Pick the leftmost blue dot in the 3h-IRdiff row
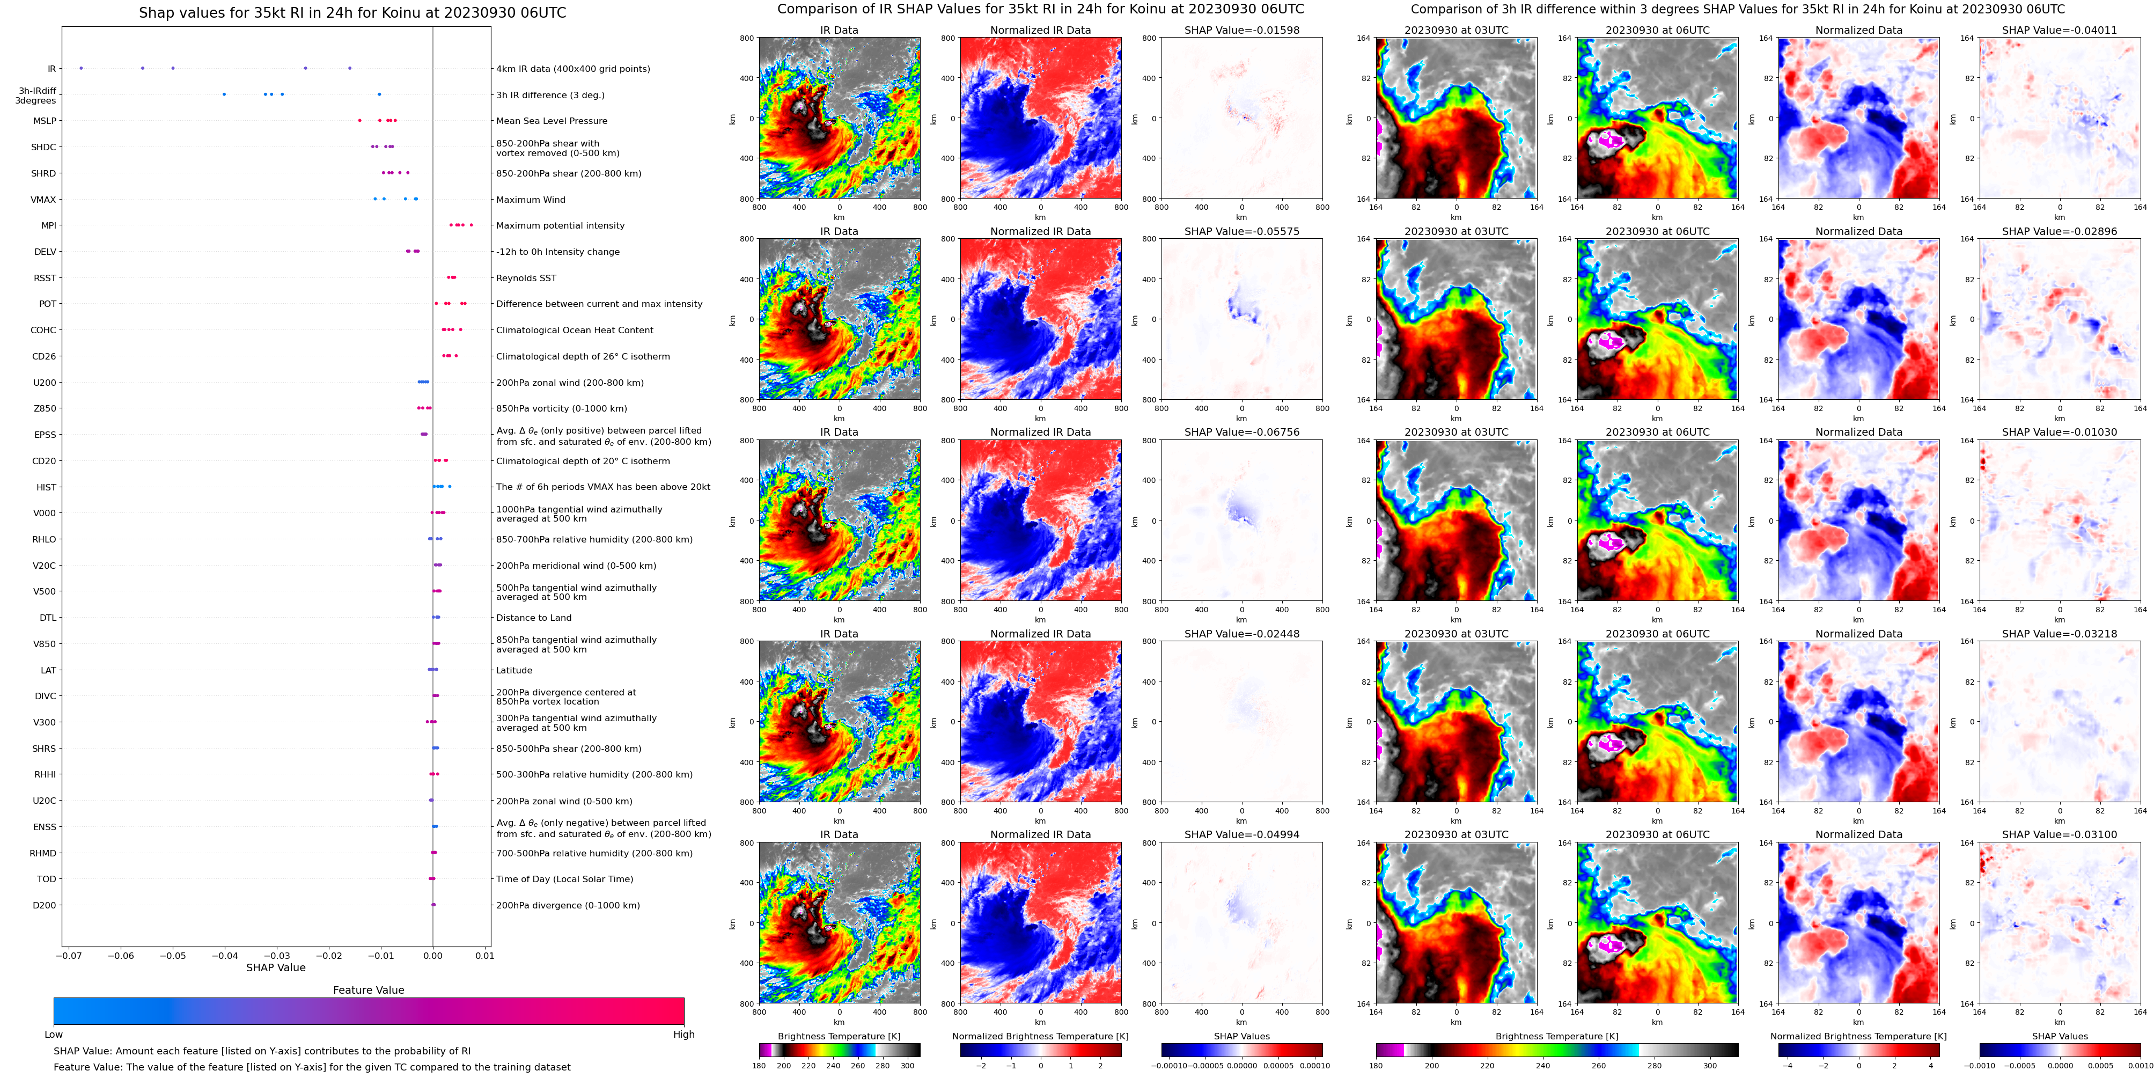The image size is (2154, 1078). (224, 94)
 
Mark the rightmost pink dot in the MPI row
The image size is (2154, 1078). (472, 225)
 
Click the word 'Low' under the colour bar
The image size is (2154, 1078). (54, 1035)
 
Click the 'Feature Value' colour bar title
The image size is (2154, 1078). (368, 990)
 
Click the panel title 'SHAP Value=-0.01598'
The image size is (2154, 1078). (1242, 30)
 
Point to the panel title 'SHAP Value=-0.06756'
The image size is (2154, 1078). (1242, 432)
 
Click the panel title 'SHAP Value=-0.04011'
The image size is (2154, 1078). (2060, 30)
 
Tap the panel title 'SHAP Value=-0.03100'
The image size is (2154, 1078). (2060, 834)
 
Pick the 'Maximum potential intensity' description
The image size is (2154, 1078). (560, 226)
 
